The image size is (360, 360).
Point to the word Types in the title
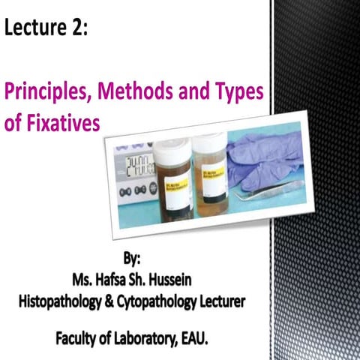coord(236,94)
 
